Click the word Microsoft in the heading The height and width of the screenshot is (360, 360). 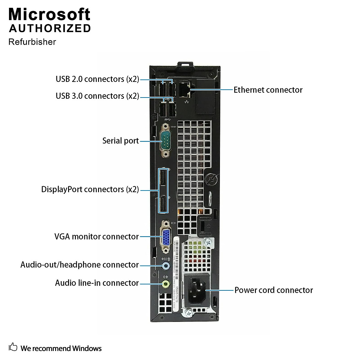point(49,14)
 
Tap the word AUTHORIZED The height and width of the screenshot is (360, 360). point(50,28)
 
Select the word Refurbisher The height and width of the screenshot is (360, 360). point(32,42)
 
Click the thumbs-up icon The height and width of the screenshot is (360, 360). point(13,347)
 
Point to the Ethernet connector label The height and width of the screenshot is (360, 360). point(268,90)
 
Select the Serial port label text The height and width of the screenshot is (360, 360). point(120,141)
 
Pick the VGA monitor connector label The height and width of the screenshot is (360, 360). point(96,236)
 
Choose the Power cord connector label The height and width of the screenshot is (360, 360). point(273,290)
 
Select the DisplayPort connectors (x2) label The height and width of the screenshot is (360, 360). point(90,189)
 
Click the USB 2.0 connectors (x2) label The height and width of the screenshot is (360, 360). point(97,79)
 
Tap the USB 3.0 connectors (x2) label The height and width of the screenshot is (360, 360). point(97,96)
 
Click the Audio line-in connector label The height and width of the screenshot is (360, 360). point(97,283)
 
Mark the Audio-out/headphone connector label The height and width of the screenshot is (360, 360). point(79,265)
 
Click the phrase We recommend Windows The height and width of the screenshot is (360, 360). point(61,348)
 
